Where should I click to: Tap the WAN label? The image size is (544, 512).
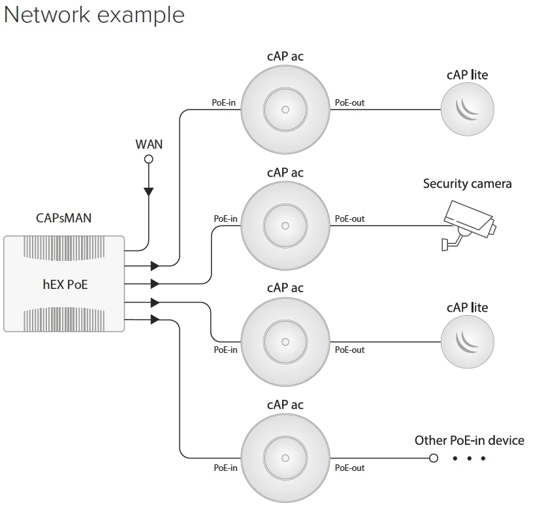pyautogui.click(x=149, y=143)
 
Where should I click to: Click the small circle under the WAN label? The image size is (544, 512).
pyautogui.click(x=149, y=158)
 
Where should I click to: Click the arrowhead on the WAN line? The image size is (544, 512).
pyautogui.click(x=149, y=191)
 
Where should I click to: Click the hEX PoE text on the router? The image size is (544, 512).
pyautogui.click(x=64, y=284)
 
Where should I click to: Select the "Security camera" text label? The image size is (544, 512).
pyautogui.click(x=467, y=184)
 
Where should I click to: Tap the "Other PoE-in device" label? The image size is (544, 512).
pyautogui.click(x=469, y=441)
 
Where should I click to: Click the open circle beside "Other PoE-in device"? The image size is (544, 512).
pyautogui.click(x=434, y=458)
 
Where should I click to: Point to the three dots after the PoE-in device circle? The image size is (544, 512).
pyautogui.click(x=470, y=459)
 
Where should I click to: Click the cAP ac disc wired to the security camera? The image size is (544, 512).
pyautogui.click(x=285, y=226)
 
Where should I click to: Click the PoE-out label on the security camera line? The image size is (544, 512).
pyautogui.click(x=349, y=219)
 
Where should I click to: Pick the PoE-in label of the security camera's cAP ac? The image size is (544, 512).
pyautogui.click(x=225, y=219)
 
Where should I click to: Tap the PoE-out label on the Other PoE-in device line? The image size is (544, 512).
pyautogui.click(x=349, y=468)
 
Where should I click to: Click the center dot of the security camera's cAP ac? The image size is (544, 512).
pyautogui.click(x=285, y=226)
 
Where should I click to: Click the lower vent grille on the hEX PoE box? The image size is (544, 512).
pyautogui.click(x=63, y=320)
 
